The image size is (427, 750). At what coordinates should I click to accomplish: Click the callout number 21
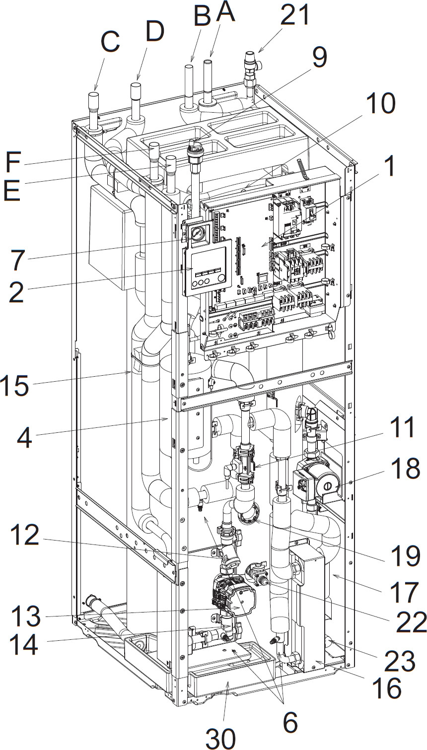tap(294, 16)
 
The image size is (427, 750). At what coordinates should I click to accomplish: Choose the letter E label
tap(12, 190)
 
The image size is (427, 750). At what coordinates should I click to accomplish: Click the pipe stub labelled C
tap(94, 106)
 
